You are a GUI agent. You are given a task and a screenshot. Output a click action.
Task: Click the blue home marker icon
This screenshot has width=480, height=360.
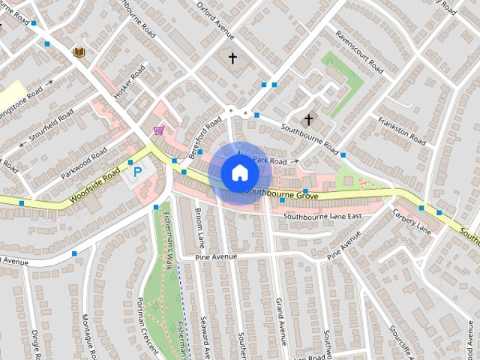click(x=239, y=172)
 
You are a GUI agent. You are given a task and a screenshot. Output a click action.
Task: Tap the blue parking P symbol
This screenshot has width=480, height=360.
click(x=137, y=172)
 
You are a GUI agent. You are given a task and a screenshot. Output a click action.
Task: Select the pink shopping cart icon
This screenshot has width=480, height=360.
click(x=158, y=130)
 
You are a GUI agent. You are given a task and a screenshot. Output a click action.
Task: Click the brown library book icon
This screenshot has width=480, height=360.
click(x=78, y=52)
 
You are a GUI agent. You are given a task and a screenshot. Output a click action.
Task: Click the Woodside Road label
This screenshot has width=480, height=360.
click(x=94, y=187)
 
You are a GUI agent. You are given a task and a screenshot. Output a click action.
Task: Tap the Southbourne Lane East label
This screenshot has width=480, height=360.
click(x=322, y=216)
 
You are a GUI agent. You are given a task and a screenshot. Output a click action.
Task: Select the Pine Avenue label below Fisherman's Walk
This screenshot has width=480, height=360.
click(x=216, y=256)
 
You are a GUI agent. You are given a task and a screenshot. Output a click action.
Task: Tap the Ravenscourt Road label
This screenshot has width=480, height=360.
click(x=360, y=49)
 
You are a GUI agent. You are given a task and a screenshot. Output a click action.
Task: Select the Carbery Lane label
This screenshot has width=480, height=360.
click(x=411, y=220)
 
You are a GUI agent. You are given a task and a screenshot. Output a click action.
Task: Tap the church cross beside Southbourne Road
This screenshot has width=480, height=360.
click(x=307, y=119)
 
